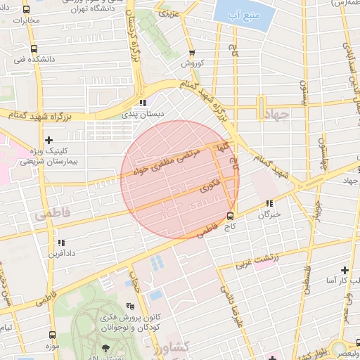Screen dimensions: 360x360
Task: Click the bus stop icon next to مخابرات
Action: click(27, 11)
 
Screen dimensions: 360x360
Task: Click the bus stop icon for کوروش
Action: click(192, 53)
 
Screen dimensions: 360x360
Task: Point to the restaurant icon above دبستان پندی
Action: click(143, 103)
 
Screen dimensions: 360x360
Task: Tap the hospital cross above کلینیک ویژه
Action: click(49, 140)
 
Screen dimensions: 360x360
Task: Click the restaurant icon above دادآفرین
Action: click(60, 243)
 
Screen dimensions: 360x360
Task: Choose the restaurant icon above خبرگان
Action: click(269, 203)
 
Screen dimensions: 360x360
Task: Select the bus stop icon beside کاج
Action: click(230, 216)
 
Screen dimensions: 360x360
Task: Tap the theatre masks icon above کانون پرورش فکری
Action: click(129, 306)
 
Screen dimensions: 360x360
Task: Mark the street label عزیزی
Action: click(169, 13)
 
